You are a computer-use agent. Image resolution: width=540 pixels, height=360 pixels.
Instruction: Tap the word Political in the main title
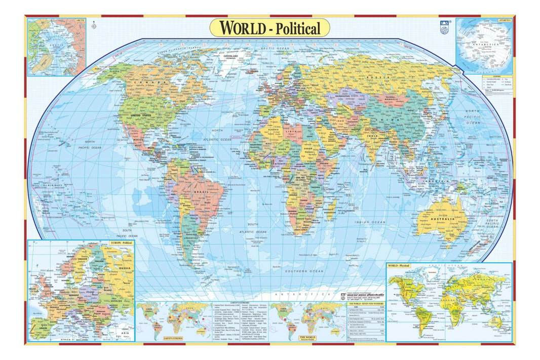pos(298,29)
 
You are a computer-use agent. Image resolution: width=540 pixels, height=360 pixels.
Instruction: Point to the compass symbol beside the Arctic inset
pos(93,24)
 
